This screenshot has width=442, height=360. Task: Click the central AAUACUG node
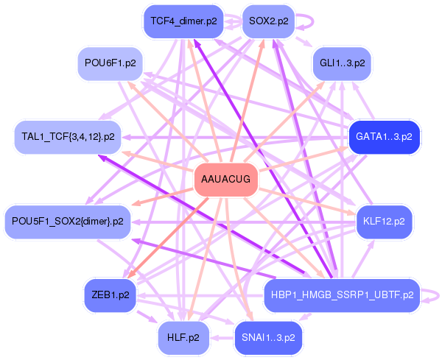[x=226, y=179]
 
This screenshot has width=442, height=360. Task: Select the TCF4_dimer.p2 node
[x=183, y=21]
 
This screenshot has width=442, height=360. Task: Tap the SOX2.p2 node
[x=269, y=21]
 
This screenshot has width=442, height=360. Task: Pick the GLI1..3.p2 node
[x=342, y=63]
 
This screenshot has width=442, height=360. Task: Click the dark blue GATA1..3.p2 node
[x=385, y=137]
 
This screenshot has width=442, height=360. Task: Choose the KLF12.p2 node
[x=384, y=222]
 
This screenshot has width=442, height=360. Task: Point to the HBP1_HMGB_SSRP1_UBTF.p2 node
[x=342, y=295]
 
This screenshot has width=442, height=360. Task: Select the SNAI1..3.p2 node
[x=268, y=337]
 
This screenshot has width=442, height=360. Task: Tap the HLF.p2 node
[x=183, y=337]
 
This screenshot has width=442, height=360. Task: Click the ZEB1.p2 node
[x=110, y=295]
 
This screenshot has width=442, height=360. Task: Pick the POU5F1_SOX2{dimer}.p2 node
[x=68, y=222]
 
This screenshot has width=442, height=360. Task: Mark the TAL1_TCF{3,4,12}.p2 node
[x=68, y=137]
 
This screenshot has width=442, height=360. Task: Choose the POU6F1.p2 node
[x=110, y=63]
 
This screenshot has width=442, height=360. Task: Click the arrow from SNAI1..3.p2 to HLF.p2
[x=222, y=337]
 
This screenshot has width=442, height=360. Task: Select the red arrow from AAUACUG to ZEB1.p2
[x=167, y=239]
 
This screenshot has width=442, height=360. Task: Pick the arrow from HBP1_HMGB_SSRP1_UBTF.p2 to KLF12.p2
[x=363, y=258]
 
